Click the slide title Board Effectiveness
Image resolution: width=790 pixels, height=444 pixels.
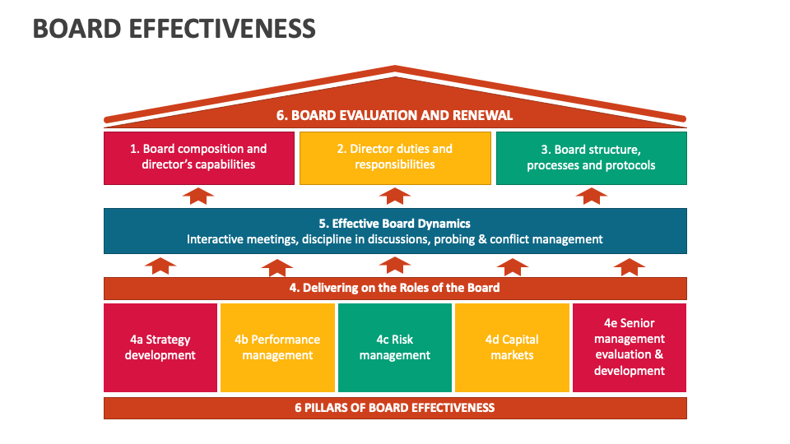point(174,28)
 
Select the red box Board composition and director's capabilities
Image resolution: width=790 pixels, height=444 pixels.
point(198,157)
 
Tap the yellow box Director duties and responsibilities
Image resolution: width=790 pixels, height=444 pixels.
point(395,157)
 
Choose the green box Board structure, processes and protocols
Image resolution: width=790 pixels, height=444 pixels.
point(591,157)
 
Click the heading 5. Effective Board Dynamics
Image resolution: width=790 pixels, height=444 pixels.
point(395,223)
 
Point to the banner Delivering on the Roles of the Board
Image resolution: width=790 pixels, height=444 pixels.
point(395,288)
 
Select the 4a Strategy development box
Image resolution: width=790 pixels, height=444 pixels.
point(160,348)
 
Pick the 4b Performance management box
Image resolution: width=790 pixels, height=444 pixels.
point(277,348)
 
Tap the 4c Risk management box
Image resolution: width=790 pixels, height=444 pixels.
point(395,348)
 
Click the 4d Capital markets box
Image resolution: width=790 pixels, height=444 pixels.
point(512,348)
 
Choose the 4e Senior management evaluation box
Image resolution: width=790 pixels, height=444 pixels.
point(630,348)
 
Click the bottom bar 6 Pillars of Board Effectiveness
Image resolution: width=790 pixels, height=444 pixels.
point(395,408)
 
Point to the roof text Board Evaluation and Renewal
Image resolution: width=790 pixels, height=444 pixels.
point(395,115)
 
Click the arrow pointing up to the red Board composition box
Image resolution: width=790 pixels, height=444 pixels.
point(198,196)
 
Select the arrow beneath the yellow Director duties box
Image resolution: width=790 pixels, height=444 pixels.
point(395,196)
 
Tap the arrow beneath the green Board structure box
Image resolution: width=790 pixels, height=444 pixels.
point(591,196)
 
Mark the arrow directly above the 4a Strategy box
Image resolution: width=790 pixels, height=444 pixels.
point(160,266)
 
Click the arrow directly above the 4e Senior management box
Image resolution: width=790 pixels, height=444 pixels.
point(630,266)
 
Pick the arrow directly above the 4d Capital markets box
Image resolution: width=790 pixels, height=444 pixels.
point(512,266)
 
